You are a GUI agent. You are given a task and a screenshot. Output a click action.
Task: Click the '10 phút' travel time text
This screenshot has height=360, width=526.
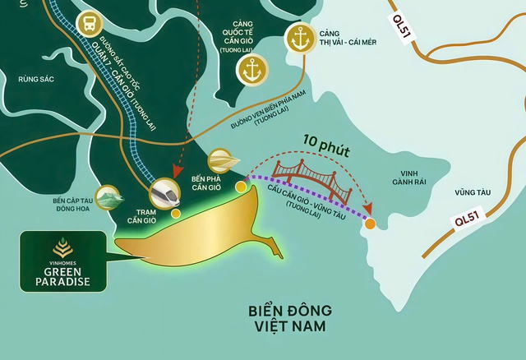[x=325, y=152]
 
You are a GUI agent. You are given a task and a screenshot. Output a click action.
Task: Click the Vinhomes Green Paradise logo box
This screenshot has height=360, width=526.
[x=62, y=261]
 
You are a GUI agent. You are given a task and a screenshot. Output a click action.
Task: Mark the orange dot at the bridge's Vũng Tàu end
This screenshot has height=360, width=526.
[x=370, y=224]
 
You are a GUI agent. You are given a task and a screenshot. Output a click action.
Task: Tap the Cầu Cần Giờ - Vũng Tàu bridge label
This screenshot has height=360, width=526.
[x=306, y=203]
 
